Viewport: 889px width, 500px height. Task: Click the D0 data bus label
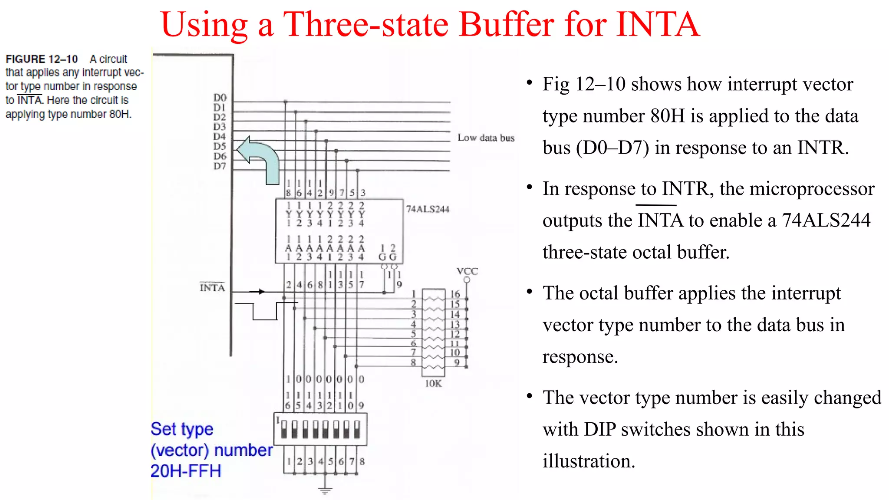click(220, 98)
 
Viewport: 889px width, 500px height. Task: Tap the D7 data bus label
click(220, 166)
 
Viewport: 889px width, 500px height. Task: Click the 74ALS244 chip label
click(428, 209)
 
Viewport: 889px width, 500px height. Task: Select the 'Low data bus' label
click(486, 138)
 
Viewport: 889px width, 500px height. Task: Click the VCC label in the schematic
click(467, 271)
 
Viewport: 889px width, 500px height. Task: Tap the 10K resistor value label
click(433, 384)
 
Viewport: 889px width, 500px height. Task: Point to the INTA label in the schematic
click(212, 288)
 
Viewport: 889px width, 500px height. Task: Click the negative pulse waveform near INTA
click(265, 311)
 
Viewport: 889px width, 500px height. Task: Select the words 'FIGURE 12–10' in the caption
click(42, 59)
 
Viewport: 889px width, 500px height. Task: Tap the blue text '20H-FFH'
click(186, 471)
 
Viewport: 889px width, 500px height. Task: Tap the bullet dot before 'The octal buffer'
click(529, 292)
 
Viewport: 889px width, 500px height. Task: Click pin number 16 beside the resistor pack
click(454, 294)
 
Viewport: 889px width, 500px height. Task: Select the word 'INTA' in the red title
click(658, 24)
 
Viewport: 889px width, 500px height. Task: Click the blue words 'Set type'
click(182, 429)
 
